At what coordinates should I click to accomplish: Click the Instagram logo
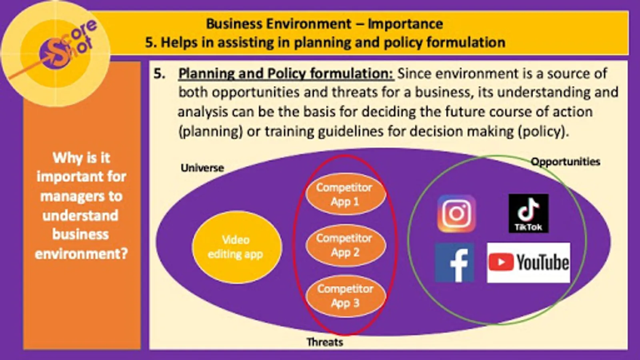456,214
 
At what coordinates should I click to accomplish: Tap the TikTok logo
528,214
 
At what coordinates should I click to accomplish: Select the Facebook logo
454,262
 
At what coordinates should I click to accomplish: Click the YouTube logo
528,262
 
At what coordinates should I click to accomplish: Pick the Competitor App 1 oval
346,194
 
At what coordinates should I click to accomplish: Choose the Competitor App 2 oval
346,245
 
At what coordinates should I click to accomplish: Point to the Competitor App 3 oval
346,296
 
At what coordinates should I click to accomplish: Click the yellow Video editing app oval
237,247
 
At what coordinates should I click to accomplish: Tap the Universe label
202,168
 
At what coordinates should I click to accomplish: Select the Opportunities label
566,162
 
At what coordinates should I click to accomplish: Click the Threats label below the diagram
324,342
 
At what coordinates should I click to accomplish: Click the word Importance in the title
405,24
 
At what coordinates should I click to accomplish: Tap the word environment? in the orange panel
82,254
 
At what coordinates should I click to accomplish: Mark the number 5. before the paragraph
160,74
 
